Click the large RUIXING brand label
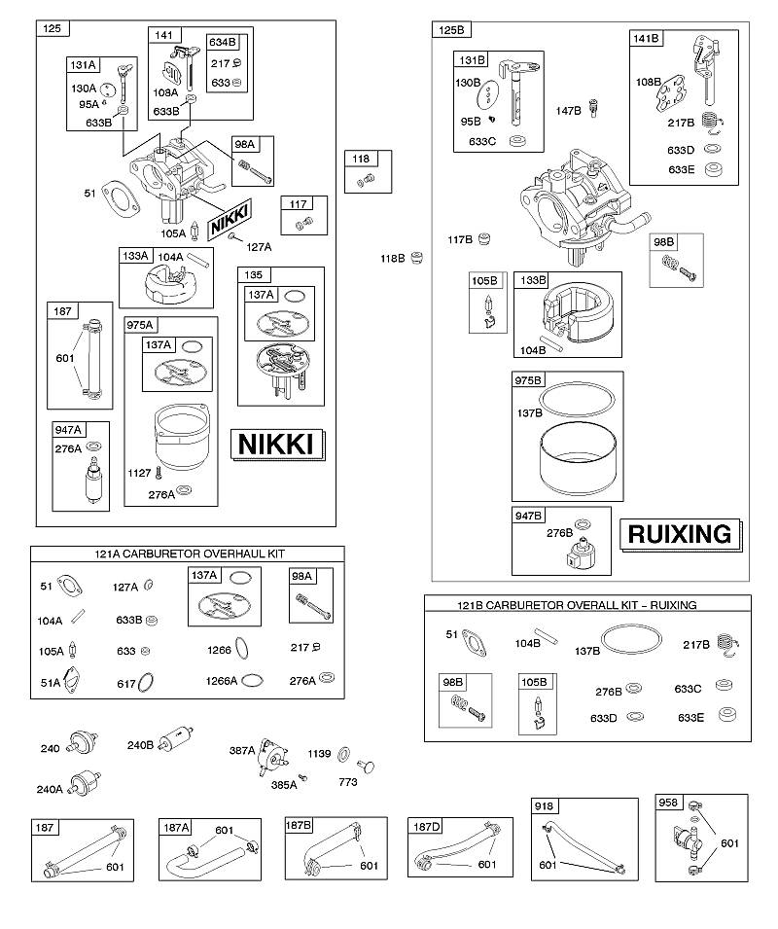[680, 534]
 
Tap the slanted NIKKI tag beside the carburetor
[230, 219]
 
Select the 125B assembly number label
[451, 29]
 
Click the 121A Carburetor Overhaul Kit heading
[190, 554]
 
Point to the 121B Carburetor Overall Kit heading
[577, 605]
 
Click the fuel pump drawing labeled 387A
[273, 757]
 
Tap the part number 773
[348, 782]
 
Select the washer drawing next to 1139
[343, 755]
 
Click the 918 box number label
[544, 805]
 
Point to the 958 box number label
[668, 803]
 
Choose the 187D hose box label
[426, 827]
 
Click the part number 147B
[568, 111]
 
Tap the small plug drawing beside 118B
[417, 258]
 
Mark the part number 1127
[139, 473]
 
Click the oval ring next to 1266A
[252, 680]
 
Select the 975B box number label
[527, 380]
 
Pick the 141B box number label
[646, 39]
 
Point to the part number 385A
[284, 785]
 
